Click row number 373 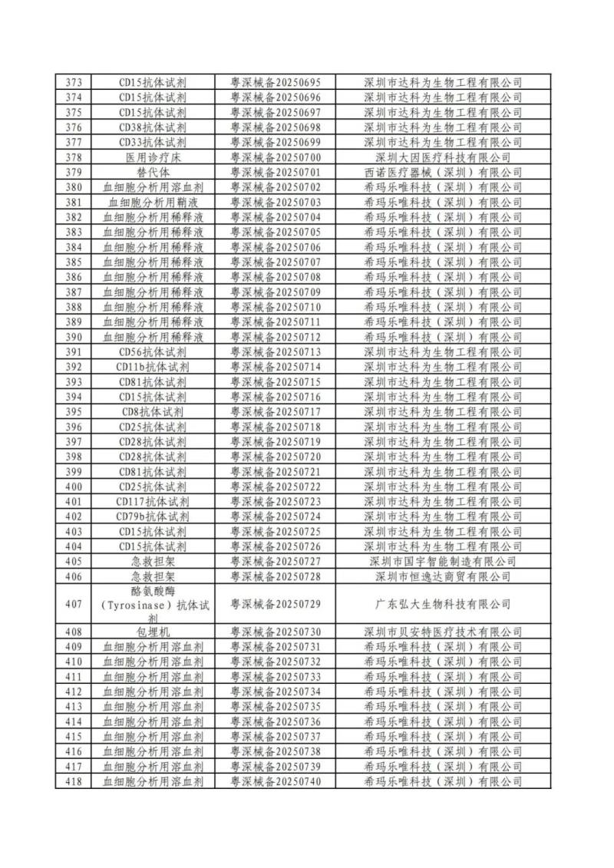(74, 82)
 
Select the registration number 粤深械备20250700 (276, 157)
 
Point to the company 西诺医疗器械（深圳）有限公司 (442, 172)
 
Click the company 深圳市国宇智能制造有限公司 (442, 561)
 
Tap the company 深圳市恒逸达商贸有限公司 (442, 576)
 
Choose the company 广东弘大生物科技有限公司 (442, 604)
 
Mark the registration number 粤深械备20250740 (276, 781)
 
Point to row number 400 (74, 487)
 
